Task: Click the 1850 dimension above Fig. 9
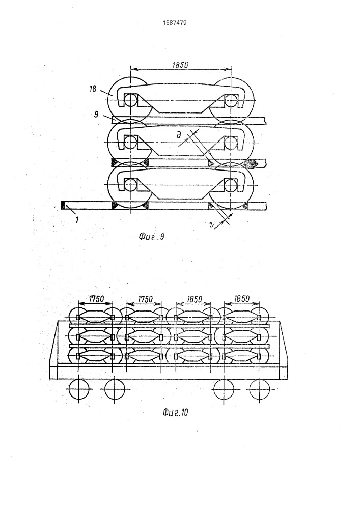(x=180, y=65)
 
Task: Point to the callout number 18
(x=93, y=88)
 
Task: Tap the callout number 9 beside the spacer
(x=96, y=114)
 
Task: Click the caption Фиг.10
(x=175, y=413)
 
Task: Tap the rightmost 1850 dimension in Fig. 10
(x=241, y=299)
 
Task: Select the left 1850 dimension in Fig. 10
(x=195, y=299)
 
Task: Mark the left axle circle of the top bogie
(x=130, y=100)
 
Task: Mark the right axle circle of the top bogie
(x=231, y=100)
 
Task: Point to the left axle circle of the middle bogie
(x=130, y=142)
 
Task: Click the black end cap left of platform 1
(x=63, y=205)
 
